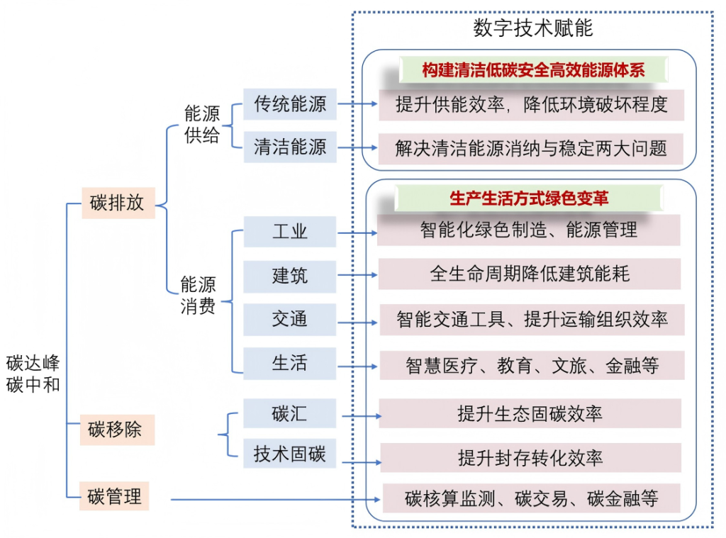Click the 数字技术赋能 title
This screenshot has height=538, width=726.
532,28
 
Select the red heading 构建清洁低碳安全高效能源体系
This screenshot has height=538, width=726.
532,69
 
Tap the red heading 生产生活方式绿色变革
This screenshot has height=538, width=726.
529,198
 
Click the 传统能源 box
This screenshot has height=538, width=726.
290,104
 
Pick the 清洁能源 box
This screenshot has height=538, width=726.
290,147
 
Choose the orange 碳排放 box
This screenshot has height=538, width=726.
118,203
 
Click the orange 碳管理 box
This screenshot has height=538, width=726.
115,496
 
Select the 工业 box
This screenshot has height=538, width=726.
290,232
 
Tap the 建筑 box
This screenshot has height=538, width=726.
290,276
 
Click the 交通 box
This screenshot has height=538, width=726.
290,319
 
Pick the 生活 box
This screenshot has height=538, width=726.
290,363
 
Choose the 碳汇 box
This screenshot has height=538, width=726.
290,413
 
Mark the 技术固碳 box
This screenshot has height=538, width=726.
290,454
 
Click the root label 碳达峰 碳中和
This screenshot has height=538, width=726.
33,374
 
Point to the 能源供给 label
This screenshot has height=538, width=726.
202,125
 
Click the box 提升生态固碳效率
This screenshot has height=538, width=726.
530,413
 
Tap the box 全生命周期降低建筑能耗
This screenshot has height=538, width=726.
530,274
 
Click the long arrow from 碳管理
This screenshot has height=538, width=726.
277,500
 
